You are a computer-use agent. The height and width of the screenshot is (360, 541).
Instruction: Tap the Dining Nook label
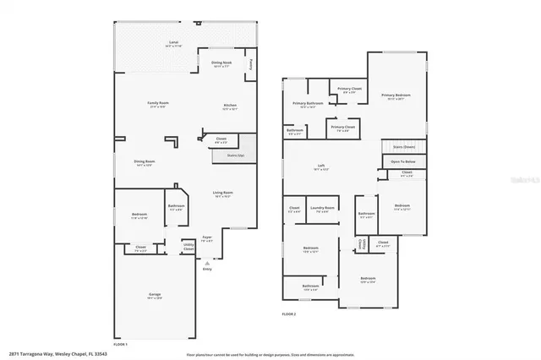(x=222, y=63)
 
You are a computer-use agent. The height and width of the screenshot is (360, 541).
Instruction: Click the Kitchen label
(x=229, y=106)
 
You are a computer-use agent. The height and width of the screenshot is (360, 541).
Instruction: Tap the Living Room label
(x=222, y=194)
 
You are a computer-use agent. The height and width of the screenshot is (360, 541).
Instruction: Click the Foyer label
(x=206, y=239)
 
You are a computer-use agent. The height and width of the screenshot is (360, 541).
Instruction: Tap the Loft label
(x=321, y=166)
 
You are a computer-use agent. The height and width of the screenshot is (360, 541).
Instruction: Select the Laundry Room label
(x=322, y=209)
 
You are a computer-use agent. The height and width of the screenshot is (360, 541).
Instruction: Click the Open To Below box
(x=402, y=161)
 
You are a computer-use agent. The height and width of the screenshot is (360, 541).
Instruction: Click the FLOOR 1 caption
(x=120, y=344)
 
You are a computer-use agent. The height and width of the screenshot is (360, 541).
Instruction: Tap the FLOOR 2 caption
(x=289, y=314)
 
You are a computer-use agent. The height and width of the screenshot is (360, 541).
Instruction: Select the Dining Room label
(x=144, y=162)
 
